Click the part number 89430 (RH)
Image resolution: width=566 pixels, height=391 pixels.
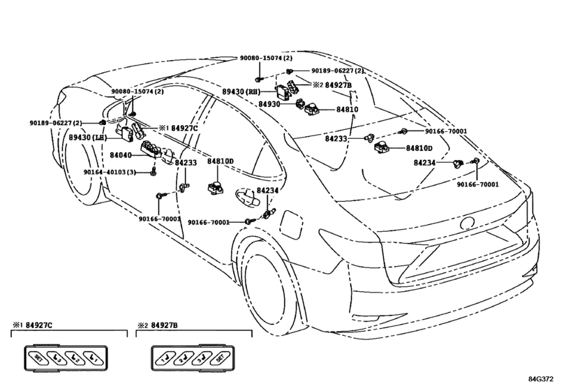(x=241, y=92)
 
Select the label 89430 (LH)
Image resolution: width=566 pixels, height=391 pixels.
(x=88, y=138)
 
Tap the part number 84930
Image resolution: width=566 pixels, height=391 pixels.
(x=269, y=104)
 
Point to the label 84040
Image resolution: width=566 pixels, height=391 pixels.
(x=120, y=155)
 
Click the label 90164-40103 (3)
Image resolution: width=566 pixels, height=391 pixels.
(x=110, y=172)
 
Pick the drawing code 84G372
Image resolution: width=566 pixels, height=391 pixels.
(x=541, y=379)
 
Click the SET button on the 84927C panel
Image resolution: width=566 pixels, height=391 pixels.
(x=38, y=358)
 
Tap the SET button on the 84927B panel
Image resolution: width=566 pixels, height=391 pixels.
(x=220, y=358)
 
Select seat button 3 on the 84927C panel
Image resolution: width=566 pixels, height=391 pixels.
(x=57, y=358)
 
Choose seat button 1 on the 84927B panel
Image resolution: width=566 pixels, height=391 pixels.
(x=165, y=358)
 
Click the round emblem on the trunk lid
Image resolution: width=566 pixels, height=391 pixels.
(x=468, y=223)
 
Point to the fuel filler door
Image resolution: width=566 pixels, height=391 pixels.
(x=290, y=224)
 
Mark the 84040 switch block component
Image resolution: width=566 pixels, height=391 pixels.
(x=151, y=150)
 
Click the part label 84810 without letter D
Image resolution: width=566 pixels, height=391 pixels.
(x=348, y=110)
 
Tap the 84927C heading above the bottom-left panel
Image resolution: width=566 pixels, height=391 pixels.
(x=39, y=325)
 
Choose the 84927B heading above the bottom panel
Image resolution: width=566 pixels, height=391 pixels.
(x=164, y=325)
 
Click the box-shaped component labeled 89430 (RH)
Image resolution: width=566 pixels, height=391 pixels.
(x=284, y=92)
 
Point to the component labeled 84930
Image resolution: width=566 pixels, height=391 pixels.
(x=300, y=104)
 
